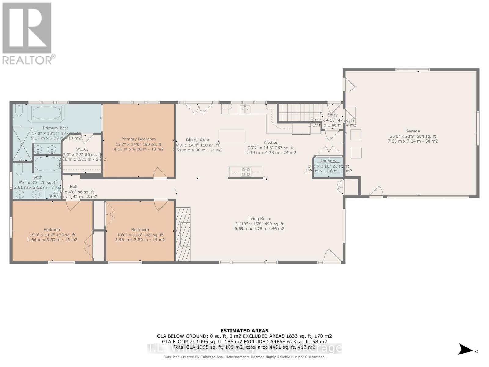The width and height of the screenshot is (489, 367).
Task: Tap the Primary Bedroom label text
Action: coord(138,139)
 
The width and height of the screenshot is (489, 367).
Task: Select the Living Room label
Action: coord(259,219)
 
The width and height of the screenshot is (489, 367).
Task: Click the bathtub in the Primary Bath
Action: coord(47,113)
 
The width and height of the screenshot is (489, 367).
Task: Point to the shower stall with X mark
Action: coord(22,144)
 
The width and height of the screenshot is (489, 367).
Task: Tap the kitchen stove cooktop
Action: coord(246,172)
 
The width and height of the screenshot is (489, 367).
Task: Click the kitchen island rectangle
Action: coord(232,136)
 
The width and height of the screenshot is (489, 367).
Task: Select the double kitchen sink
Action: coord(245,109)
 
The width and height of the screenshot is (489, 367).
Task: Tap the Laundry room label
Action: coord(328,161)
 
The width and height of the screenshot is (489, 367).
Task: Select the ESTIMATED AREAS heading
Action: coord(244,331)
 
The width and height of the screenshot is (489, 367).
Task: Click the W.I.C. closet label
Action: coord(82,149)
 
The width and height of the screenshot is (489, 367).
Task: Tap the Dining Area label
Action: coord(197,140)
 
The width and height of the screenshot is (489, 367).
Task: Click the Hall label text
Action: coord(73,187)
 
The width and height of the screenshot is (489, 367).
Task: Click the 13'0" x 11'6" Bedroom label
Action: coord(140,230)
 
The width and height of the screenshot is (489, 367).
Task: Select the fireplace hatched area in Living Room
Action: coord(183,234)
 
